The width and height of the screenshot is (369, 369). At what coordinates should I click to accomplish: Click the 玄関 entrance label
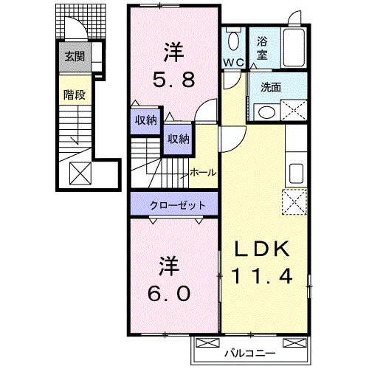(75, 55)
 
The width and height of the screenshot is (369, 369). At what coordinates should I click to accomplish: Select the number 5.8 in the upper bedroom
(173, 80)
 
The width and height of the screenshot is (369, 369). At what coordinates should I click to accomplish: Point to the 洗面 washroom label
(270, 87)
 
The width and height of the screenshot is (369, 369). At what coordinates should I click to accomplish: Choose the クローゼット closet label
(173, 204)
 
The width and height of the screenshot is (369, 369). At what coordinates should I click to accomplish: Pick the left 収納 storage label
(145, 120)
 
